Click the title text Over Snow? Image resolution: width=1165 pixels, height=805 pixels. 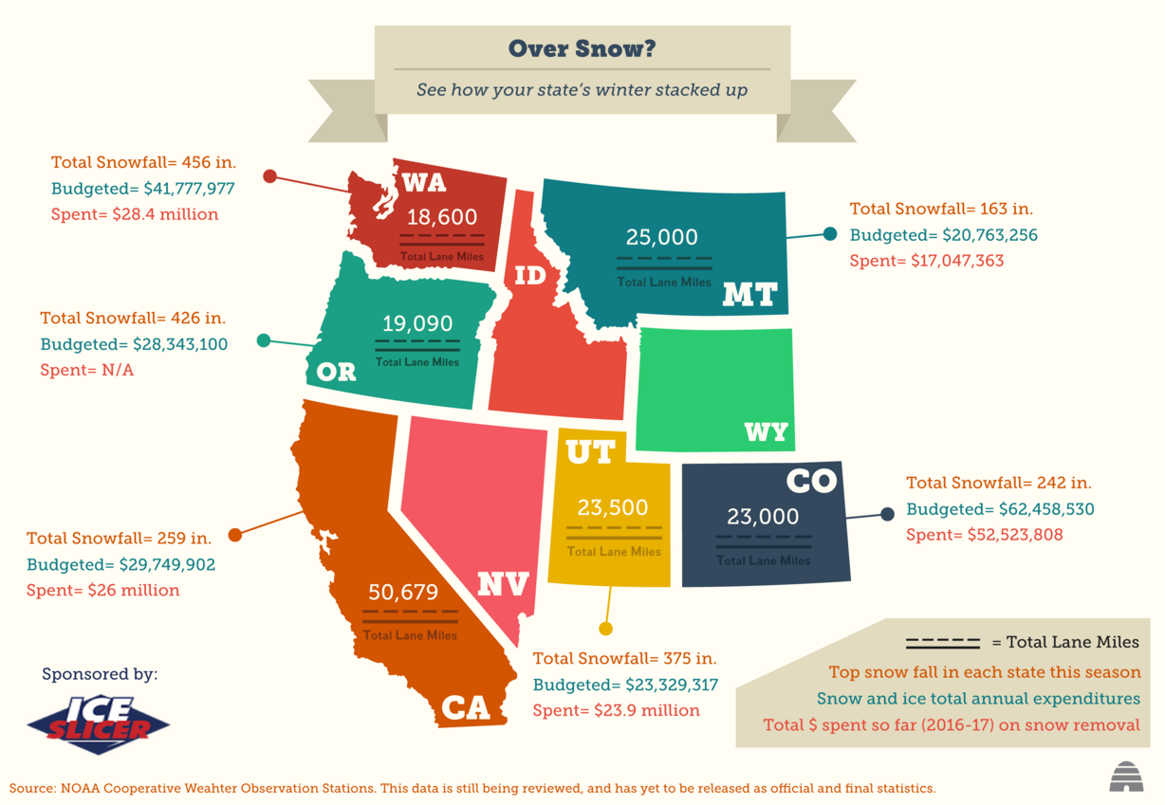tap(582, 48)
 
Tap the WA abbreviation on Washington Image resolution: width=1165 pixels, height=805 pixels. tap(423, 182)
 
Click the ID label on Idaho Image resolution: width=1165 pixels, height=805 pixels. tap(530, 276)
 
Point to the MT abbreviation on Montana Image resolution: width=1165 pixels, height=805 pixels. tap(749, 295)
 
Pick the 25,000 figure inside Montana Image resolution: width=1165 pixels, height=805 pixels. tap(662, 237)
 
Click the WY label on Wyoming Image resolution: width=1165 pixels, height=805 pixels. tap(767, 432)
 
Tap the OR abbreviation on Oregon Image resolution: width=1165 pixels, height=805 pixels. tap(336, 372)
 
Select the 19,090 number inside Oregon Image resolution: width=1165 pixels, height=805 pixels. tap(417, 323)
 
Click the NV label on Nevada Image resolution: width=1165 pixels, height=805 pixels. tap(502, 583)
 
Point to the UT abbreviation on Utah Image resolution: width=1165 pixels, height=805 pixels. tap(590, 452)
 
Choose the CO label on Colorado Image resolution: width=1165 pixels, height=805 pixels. tap(811, 481)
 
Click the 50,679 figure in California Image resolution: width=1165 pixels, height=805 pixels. tap(403, 593)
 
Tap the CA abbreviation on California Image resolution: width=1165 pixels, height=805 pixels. tap(466, 708)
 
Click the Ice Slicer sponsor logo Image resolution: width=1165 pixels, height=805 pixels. tap(99, 725)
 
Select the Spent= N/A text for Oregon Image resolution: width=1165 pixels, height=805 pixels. tap(87, 370)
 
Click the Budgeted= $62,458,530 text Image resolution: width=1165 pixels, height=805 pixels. tap(1000, 509)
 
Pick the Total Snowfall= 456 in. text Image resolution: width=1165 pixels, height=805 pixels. tap(143, 161)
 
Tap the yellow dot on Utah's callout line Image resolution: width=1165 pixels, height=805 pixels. tap(605, 629)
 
